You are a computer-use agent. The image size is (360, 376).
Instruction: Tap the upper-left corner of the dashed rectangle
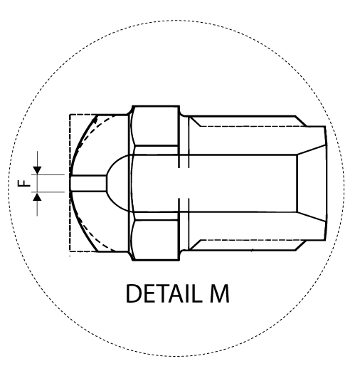pyautogui.click(x=70, y=114)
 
